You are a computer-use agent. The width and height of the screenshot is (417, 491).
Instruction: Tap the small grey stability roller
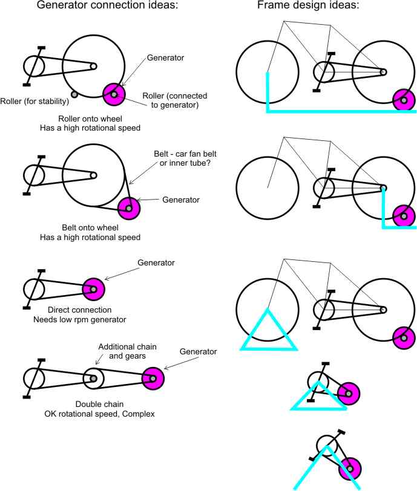[74, 94]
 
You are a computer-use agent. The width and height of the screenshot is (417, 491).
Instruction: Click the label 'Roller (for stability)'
[37, 101]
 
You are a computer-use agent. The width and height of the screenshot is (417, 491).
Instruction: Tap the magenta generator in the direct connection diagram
[93, 289]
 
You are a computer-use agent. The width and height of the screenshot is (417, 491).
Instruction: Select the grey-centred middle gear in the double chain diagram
[94, 379]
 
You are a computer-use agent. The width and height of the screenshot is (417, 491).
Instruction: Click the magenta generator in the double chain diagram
[153, 379]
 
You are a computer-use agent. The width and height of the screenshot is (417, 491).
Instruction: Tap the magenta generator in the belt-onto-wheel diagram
[128, 209]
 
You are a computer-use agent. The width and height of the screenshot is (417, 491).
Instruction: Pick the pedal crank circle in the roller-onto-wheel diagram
[34, 66]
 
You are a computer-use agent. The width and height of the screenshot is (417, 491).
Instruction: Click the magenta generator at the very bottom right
[349, 469]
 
